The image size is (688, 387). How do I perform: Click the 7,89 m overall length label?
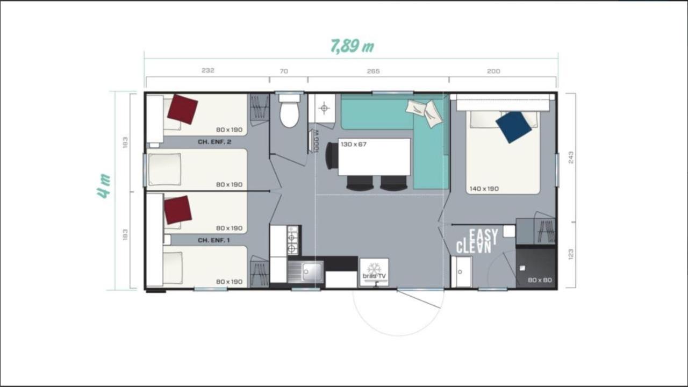point(352,46)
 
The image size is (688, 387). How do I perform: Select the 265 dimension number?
point(373,71)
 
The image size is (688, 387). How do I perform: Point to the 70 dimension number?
point(284,71)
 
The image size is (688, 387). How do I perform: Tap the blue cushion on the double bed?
point(513,127)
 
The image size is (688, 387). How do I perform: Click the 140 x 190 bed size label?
point(484,189)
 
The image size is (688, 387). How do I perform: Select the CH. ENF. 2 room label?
point(214,142)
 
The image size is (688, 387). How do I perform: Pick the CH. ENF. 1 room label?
point(214,240)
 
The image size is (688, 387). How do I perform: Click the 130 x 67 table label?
point(354,144)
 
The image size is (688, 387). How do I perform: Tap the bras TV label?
point(374,276)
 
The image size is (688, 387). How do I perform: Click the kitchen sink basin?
point(312,271)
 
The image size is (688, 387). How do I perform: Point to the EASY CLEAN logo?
point(477,241)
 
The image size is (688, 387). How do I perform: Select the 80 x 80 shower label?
point(540,280)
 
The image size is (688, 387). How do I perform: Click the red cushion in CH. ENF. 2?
point(182,109)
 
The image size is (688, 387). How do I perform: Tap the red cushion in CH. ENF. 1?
point(178,210)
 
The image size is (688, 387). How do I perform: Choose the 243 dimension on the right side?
point(571,157)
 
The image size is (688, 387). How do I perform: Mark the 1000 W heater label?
point(317,141)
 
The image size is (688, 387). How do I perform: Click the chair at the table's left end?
point(332,156)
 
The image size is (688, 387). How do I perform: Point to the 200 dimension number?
point(493,71)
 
